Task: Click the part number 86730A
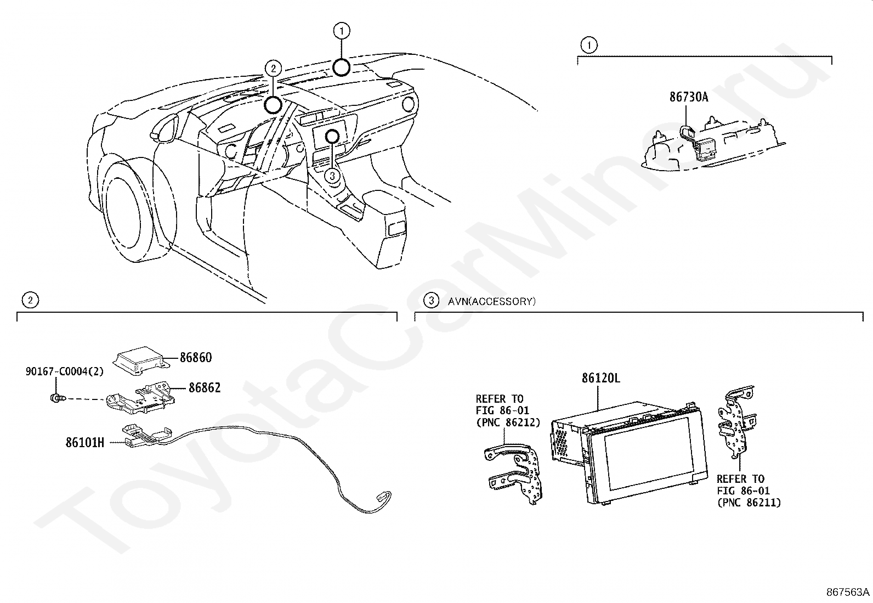click(x=688, y=97)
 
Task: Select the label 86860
click(x=196, y=358)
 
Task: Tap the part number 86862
click(x=205, y=388)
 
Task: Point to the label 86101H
click(x=84, y=442)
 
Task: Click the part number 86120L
click(x=601, y=379)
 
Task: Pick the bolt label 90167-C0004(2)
click(x=64, y=371)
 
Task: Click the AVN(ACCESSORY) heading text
click(x=492, y=301)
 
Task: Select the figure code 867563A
click(x=848, y=592)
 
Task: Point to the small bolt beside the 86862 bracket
click(x=55, y=397)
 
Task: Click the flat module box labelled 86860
click(x=139, y=358)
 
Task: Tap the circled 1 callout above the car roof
click(x=342, y=31)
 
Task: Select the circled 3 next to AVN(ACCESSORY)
click(x=432, y=301)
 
